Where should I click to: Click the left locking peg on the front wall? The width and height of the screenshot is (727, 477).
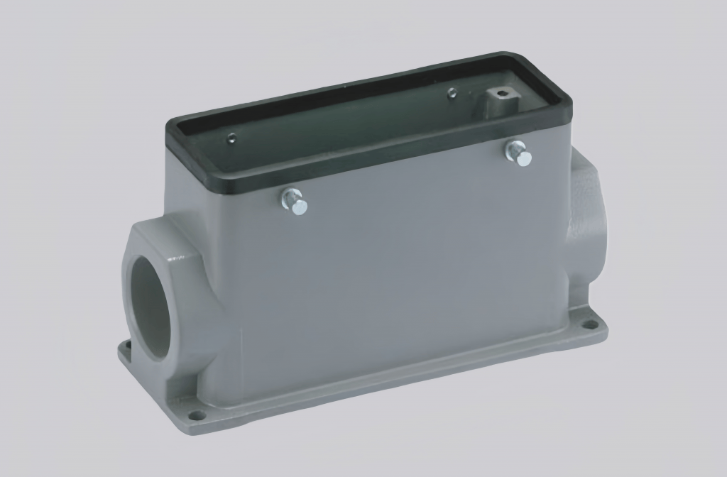pyautogui.click(x=295, y=202)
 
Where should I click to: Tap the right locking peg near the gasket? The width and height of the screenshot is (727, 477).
pyautogui.click(x=518, y=153)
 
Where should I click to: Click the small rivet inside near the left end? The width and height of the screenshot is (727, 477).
pyautogui.click(x=231, y=140)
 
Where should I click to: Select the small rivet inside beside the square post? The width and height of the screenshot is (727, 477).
pyautogui.click(x=451, y=92)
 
